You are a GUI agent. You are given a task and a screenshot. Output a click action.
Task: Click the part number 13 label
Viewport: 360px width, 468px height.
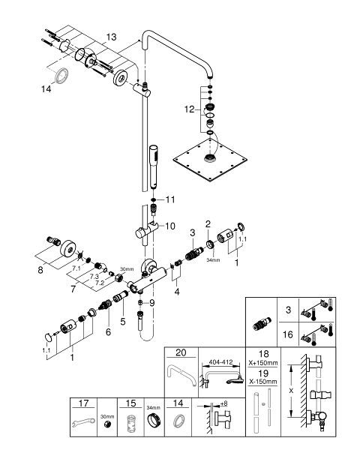111,37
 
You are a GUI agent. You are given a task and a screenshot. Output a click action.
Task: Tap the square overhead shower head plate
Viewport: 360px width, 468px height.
210,159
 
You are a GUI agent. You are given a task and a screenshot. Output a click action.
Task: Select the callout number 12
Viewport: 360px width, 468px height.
189,109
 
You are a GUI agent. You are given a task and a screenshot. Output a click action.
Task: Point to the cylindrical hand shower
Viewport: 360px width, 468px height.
154,166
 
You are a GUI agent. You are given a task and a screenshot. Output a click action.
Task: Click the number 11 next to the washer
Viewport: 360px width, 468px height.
170,199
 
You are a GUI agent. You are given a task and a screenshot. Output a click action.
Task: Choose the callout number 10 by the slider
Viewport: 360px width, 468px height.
170,226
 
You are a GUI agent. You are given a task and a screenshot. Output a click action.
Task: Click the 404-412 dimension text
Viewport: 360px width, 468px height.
220,362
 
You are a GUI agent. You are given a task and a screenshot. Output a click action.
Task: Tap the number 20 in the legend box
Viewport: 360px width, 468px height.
181,352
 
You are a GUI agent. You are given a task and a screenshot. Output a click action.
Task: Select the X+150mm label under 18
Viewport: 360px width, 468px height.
263,363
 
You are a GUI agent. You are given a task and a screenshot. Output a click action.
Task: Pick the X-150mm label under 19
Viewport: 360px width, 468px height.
263,382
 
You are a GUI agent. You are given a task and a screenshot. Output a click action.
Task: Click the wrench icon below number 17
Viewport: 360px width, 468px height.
84,422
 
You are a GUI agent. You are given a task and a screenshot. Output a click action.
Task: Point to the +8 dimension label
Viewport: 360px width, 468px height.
223,403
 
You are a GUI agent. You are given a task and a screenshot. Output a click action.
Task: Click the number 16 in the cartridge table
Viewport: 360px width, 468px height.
288,334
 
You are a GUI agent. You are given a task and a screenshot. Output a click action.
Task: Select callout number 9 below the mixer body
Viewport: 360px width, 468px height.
152,303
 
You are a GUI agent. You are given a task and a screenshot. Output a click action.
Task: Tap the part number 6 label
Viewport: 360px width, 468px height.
108,331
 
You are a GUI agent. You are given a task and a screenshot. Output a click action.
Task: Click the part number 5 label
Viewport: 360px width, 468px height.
123,322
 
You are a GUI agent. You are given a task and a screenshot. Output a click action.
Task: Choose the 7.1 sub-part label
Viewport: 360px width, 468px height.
76,268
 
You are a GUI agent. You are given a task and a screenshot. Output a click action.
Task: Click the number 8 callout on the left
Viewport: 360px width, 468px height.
40,270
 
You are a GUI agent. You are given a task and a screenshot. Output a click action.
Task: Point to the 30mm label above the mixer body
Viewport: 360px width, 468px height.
127,269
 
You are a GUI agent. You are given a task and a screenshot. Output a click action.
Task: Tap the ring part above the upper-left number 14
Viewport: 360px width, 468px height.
61,74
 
